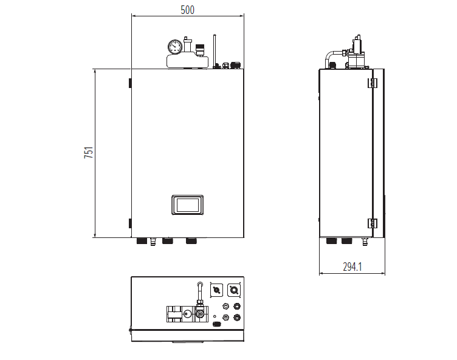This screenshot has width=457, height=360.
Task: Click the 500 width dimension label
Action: tap(187, 10)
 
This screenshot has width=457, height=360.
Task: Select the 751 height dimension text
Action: tap(89, 152)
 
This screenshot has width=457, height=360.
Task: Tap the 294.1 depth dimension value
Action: tap(352, 267)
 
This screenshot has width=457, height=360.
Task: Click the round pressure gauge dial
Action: tap(175, 47)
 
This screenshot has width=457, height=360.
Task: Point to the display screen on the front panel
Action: tap(187, 205)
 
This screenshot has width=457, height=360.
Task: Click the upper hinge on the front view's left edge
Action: tap(130, 83)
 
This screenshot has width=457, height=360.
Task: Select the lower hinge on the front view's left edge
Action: tap(130, 223)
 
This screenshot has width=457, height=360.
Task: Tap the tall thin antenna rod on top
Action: tap(215, 51)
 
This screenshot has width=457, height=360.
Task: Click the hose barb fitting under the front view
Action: tap(153, 242)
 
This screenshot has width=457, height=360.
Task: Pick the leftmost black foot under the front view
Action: tap(142, 241)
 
